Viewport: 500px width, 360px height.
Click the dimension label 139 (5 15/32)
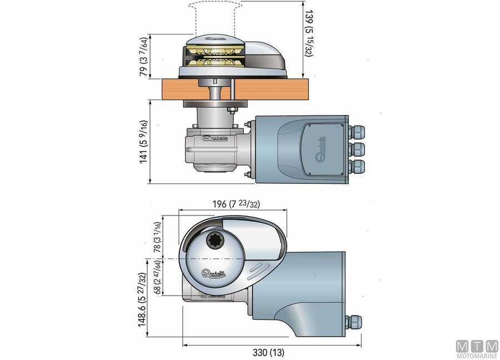(309, 33)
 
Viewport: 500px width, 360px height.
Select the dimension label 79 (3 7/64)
(144, 57)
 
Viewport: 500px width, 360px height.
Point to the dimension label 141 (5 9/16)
(144, 142)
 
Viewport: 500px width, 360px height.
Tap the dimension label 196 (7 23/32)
(236, 204)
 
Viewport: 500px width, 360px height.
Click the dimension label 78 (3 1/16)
(158, 237)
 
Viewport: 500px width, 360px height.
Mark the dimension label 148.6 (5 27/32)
(142, 299)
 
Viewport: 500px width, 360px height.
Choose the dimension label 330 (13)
(268, 352)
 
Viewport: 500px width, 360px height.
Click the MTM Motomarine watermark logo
(477, 349)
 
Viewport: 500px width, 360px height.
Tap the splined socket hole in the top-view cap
(213, 239)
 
